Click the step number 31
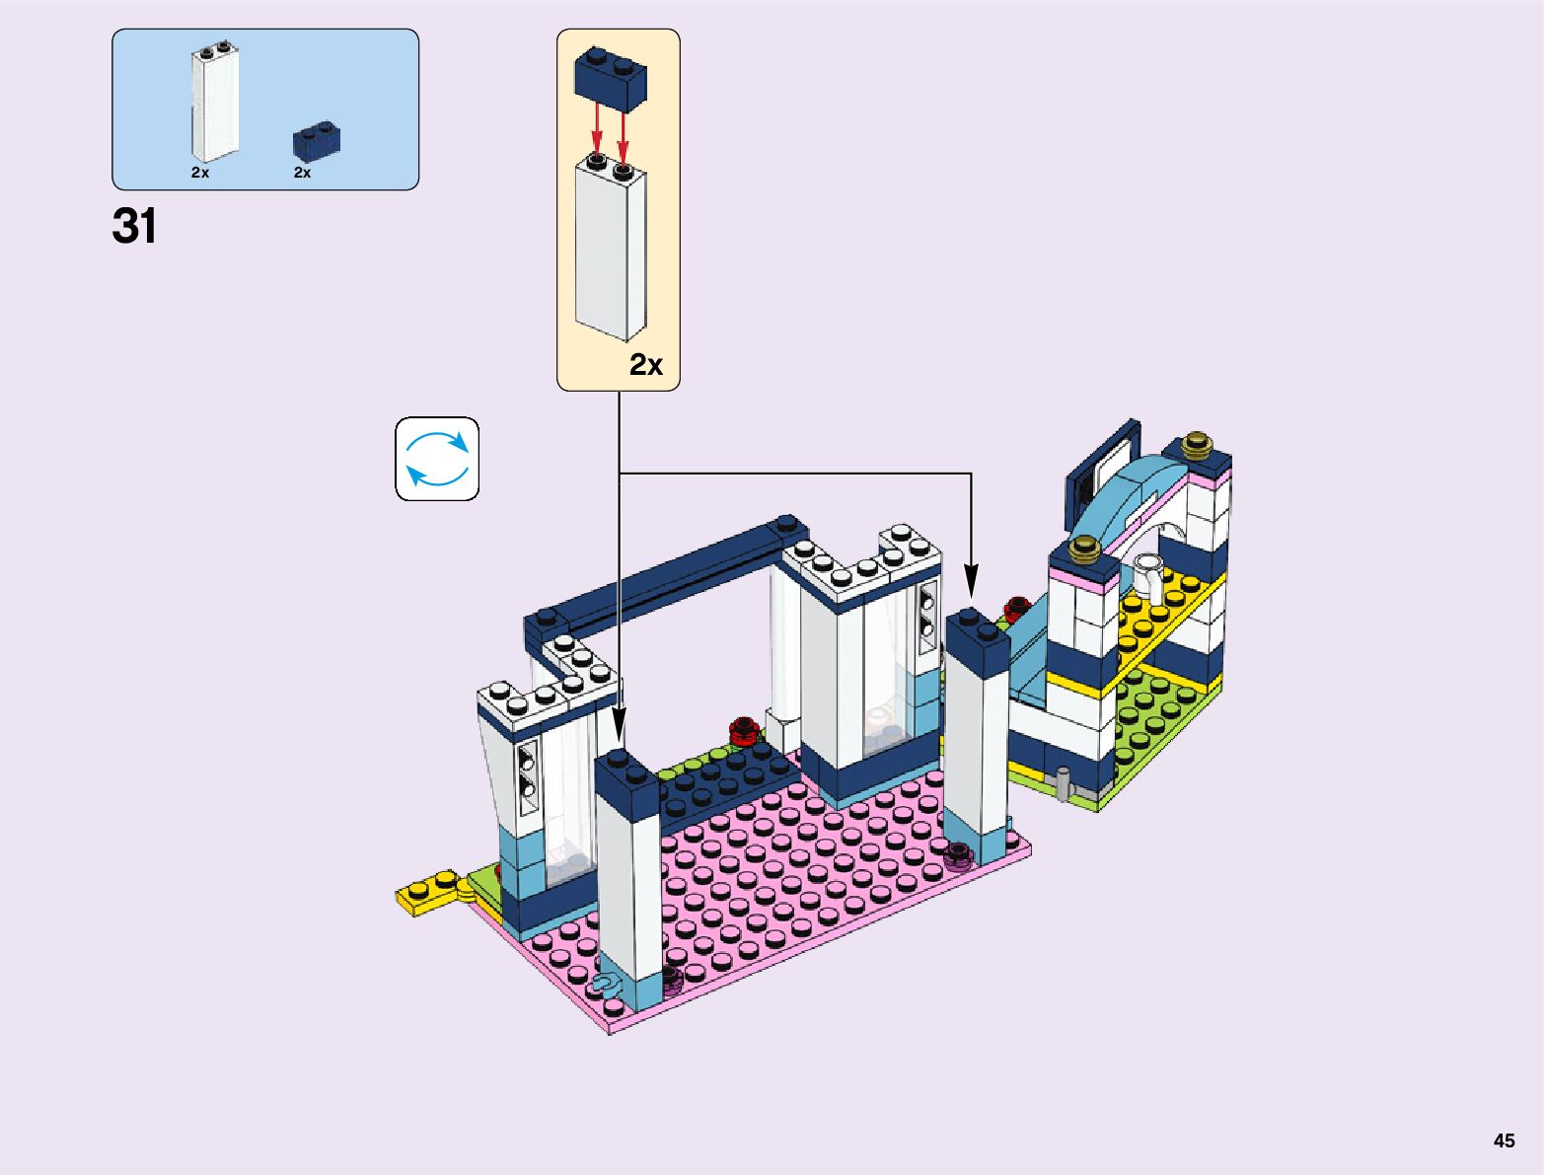pos(134,226)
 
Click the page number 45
pos(1504,1140)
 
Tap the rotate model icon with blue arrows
pos(437,459)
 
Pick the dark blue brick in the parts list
pos(317,139)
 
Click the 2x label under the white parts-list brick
pos(200,173)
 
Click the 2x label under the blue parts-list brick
pos(302,173)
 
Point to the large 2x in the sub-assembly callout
pos(646,365)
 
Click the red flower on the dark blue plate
pos(744,731)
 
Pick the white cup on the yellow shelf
pos(1150,577)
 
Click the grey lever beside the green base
pos(1062,781)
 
